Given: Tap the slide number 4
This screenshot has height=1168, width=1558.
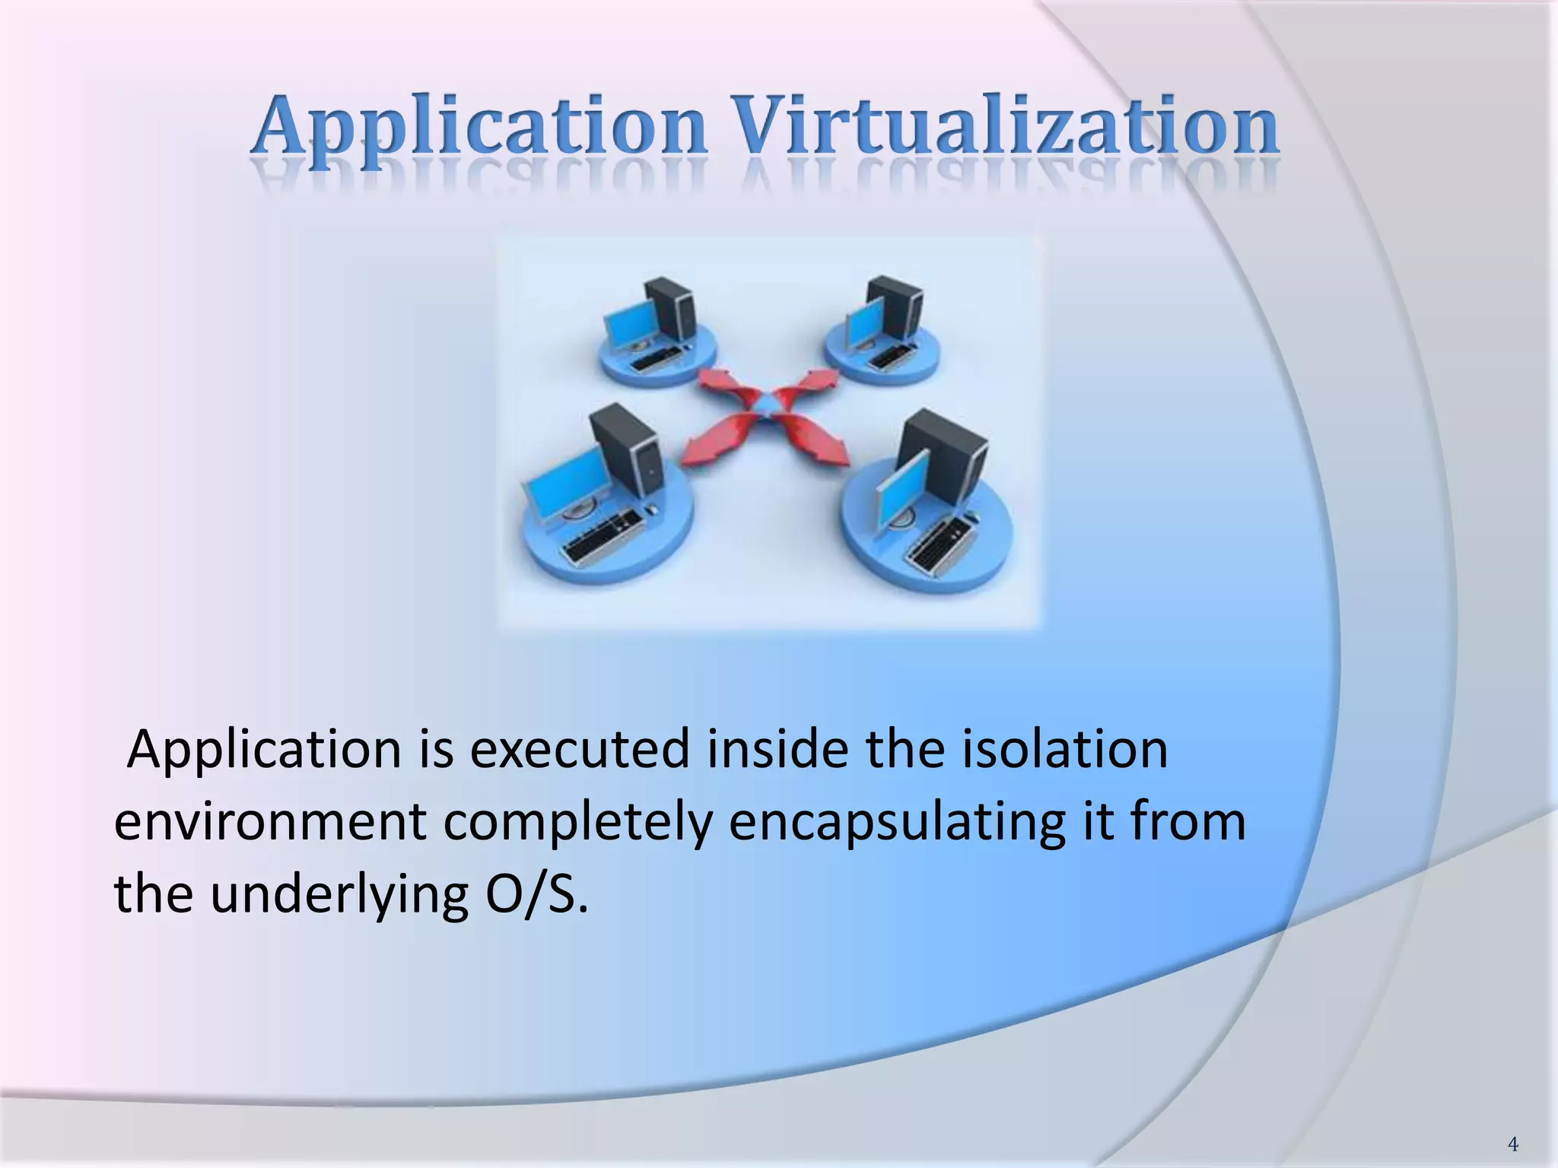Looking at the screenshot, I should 1512,1144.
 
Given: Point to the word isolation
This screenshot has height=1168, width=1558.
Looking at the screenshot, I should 1065,750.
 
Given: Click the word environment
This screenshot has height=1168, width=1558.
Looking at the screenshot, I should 270,823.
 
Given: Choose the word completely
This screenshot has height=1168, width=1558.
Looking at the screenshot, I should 577,824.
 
